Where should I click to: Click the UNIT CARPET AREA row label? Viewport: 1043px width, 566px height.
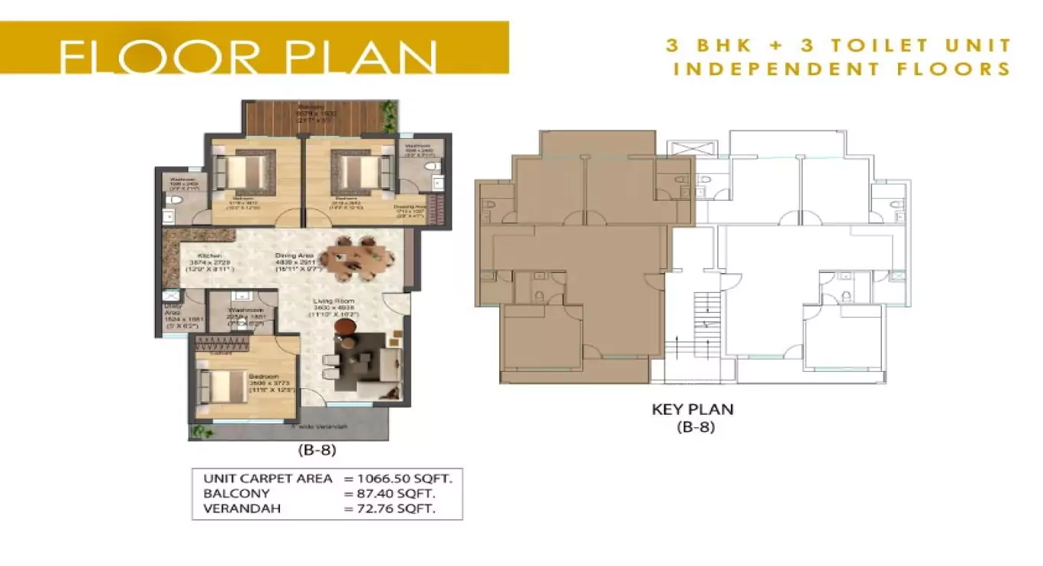(x=268, y=479)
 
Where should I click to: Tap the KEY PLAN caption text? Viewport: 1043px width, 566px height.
(x=693, y=410)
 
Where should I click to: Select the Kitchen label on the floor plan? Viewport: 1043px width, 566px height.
(x=209, y=256)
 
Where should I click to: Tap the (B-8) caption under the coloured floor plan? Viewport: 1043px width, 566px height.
(x=317, y=450)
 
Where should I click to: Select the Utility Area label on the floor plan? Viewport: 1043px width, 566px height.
(x=173, y=311)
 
